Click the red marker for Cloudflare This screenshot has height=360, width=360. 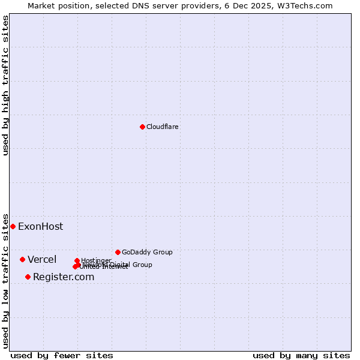point(142,127)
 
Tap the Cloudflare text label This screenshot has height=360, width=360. point(163,127)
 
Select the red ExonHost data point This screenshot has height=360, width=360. point(13,226)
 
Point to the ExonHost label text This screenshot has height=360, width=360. point(40,226)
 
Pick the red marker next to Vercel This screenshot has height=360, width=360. point(22,259)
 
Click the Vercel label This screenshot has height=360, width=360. point(42,259)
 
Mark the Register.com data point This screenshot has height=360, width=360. point(28,277)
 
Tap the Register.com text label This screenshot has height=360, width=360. point(64,277)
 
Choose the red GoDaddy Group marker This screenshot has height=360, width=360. point(118,252)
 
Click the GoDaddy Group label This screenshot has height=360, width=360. point(147,252)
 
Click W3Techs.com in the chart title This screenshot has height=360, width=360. point(308,5)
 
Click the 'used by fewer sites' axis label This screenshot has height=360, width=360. point(62,355)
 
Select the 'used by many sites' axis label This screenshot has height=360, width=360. point(301,355)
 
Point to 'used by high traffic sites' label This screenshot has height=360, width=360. point(5,85)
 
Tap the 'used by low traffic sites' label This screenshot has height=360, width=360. point(5,280)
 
